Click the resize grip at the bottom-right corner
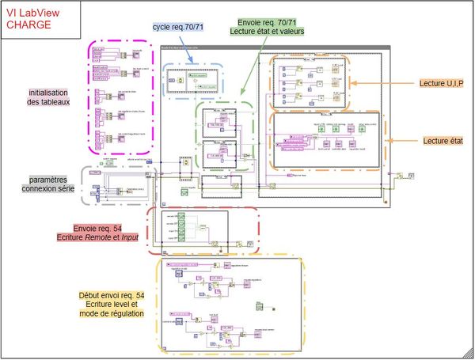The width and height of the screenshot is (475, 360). click(x=470, y=356)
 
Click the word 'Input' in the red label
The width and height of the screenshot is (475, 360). click(x=138, y=236)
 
